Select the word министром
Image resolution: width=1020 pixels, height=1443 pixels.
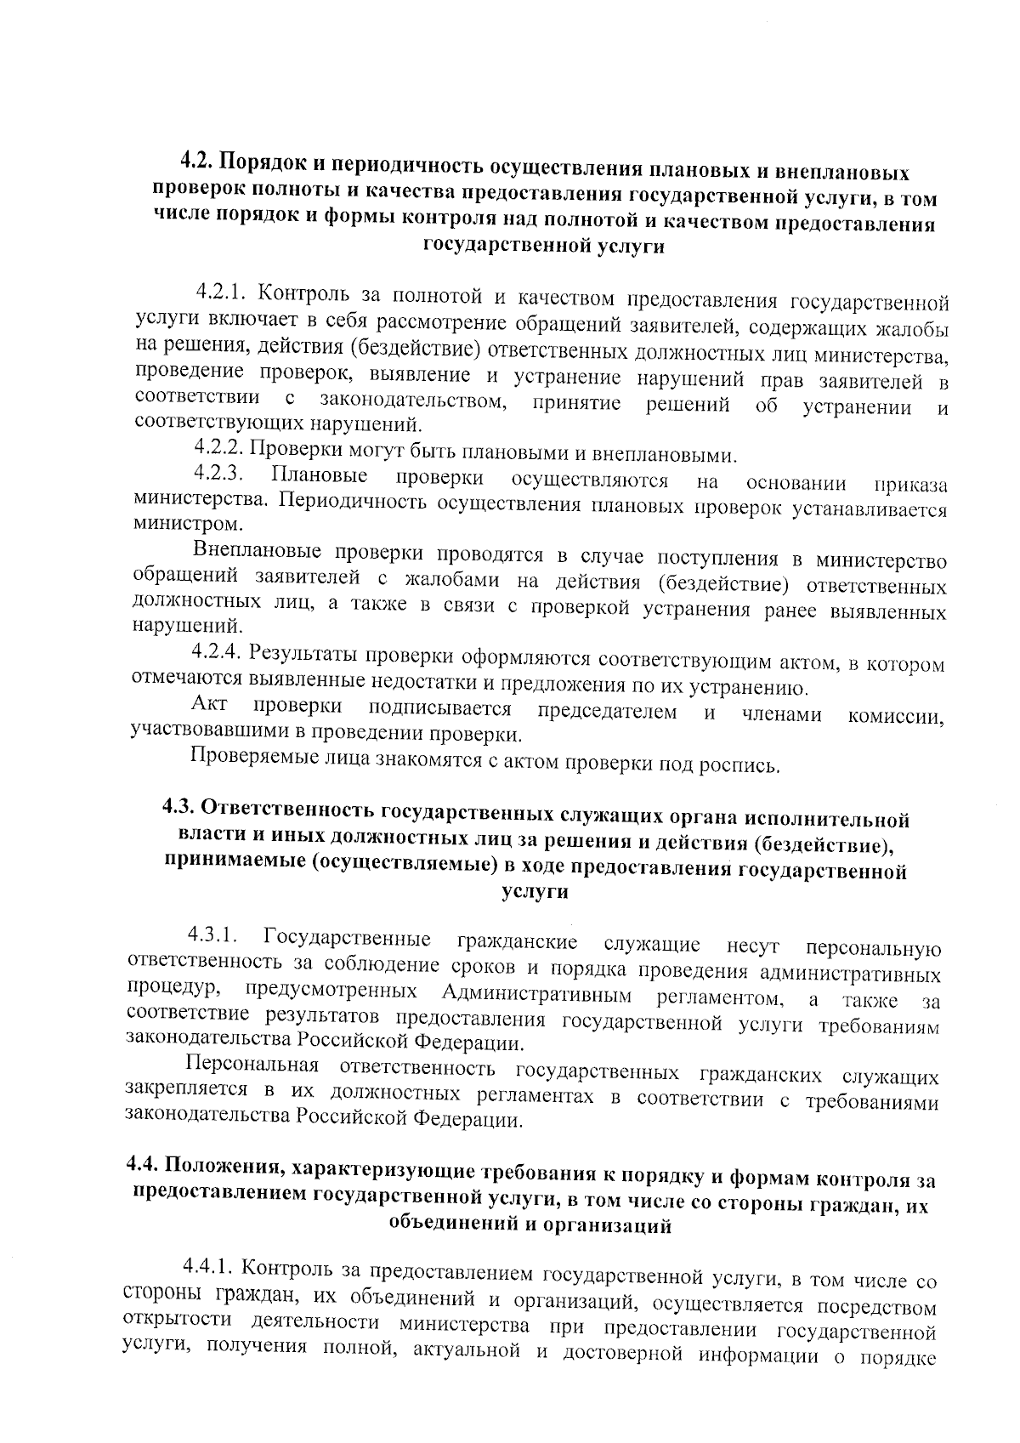(175, 524)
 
